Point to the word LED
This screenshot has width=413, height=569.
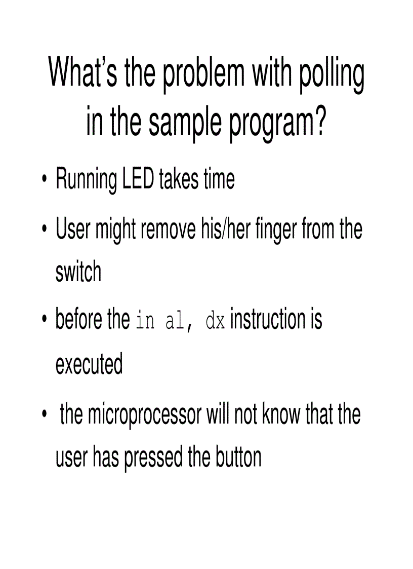pos(139,178)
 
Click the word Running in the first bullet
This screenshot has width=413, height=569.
pos(87,180)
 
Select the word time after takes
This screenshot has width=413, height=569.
pos(219,178)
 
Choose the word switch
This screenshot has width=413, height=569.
pos(78,272)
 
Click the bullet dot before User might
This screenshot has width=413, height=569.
pos(45,229)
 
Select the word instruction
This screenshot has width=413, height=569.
pos(268,319)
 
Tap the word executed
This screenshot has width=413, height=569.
pos(89,364)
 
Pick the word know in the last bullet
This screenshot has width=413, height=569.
pos(281,413)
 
